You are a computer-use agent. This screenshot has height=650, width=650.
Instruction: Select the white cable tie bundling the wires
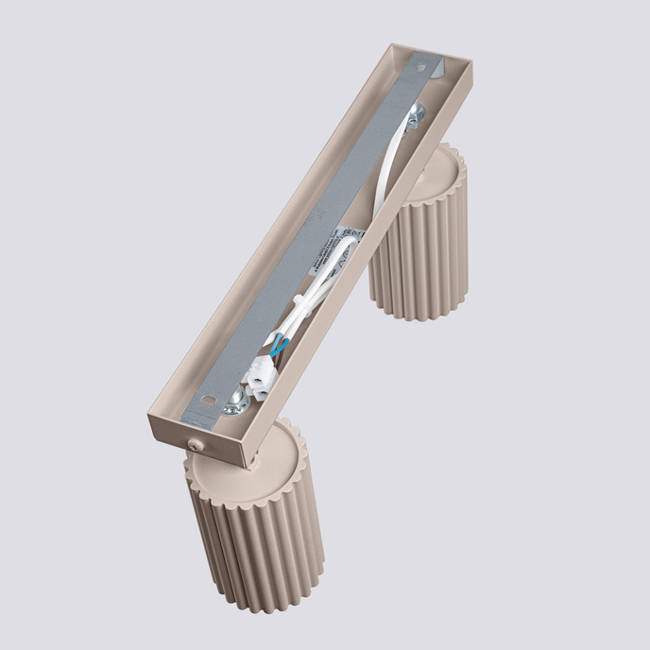point(299,301)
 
